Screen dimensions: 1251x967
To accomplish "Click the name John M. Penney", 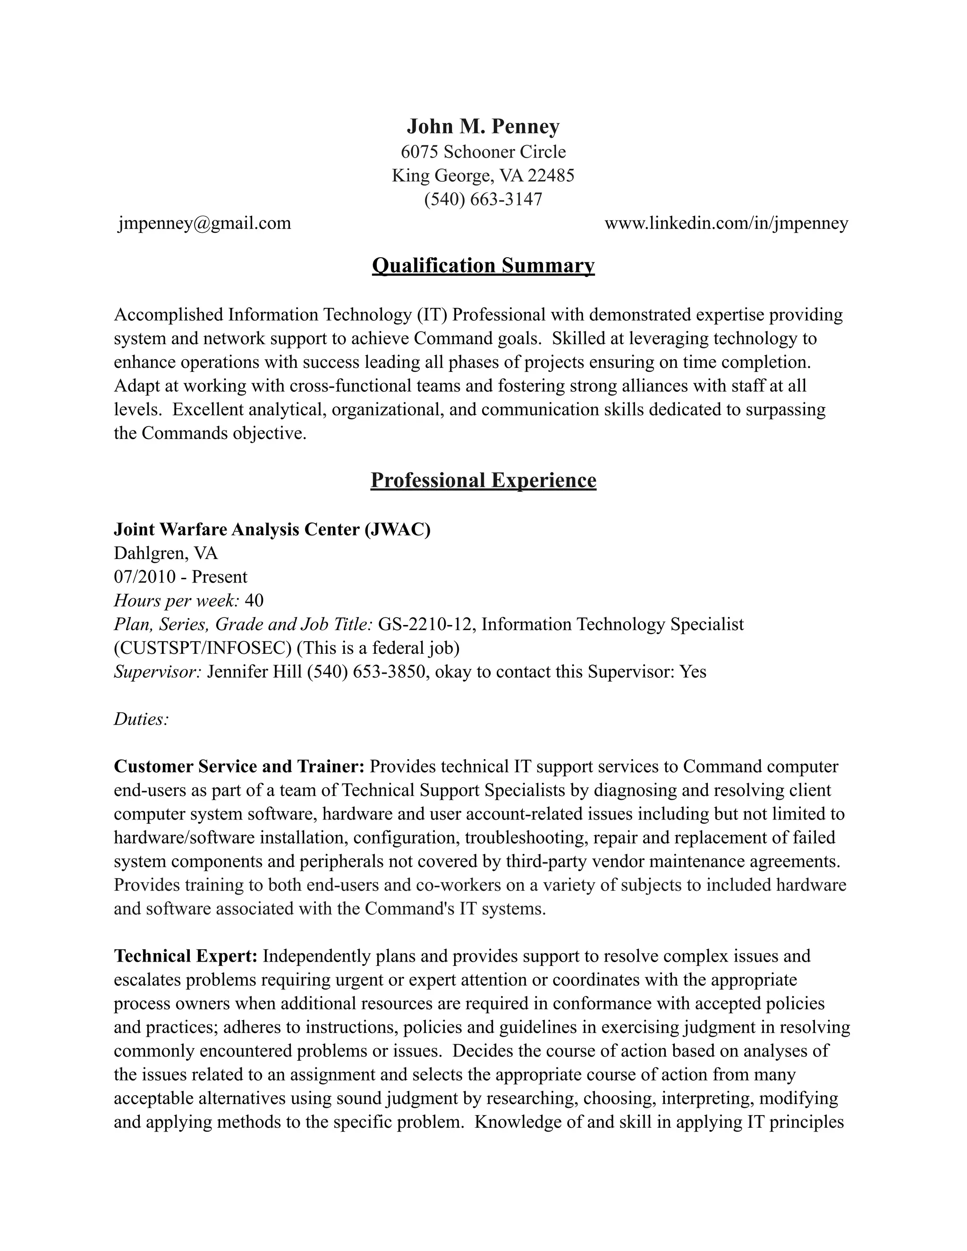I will tap(483, 127).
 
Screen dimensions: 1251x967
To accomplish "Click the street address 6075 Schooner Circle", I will tap(483, 152).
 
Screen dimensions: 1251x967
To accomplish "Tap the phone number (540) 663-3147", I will tap(483, 199).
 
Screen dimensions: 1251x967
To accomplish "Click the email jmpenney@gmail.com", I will tap(204, 223).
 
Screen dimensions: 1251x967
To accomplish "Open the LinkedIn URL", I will tap(726, 223).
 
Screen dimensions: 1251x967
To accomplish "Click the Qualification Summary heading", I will tap(483, 266).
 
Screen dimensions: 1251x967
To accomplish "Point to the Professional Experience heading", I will tap(483, 480).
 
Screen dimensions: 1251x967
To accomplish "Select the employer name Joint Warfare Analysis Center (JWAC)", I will tap(272, 529).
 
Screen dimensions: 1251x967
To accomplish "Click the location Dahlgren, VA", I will tap(166, 553).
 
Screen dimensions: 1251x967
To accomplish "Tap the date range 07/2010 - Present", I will tap(180, 577).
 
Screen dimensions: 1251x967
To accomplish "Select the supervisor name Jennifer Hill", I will tap(254, 671).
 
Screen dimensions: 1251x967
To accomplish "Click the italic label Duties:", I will tap(141, 719).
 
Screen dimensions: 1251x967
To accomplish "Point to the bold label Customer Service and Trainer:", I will tap(239, 766).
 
